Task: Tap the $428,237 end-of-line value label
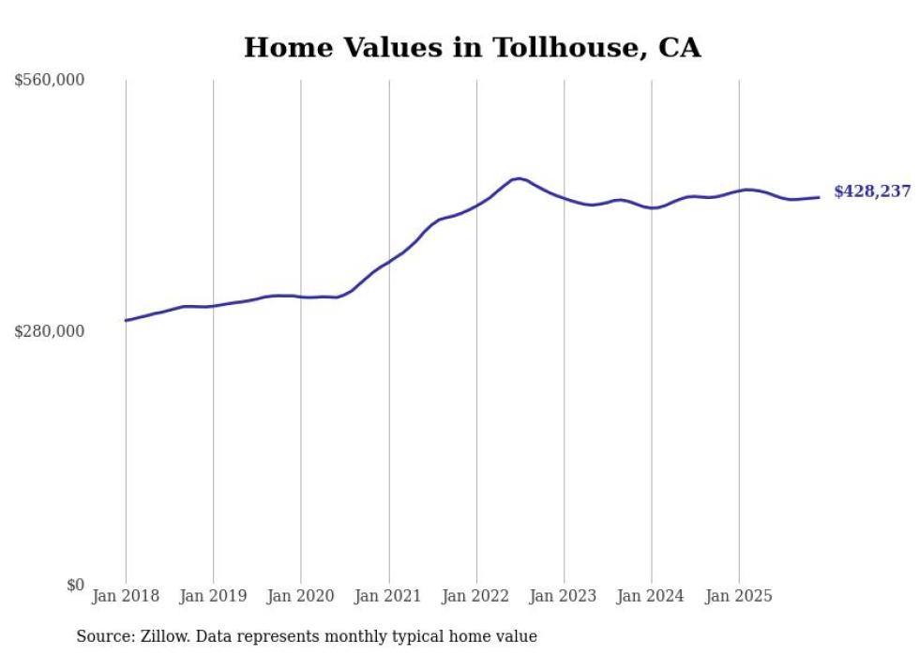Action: tap(872, 191)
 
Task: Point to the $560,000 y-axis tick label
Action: tap(50, 81)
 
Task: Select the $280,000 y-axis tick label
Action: tap(50, 331)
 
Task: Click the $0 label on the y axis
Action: tap(74, 585)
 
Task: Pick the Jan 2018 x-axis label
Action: tap(126, 596)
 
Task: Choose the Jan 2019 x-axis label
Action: tap(213, 596)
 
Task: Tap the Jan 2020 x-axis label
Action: tap(301, 596)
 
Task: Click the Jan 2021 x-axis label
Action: tap(388, 596)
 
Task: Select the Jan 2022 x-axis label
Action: tap(476, 596)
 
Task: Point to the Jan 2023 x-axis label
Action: tap(564, 596)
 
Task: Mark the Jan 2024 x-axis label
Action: tap(652, 596)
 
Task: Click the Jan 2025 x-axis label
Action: tap(739, 596)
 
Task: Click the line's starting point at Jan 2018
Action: tap(126, 321)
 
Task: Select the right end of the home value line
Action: tap(819, 197)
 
